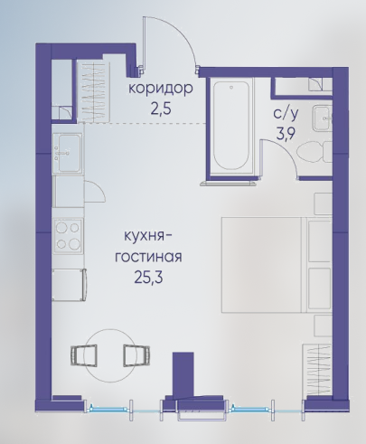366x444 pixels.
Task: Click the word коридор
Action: coord(161,89)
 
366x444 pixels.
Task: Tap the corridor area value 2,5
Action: coord(161,109)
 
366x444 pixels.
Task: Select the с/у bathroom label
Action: coord(286,114)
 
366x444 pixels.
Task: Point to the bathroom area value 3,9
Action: coord(286,134)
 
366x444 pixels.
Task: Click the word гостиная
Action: coord(148,258)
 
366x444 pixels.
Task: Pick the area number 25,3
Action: coord(148,278)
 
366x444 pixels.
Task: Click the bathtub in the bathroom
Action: coord(231,126)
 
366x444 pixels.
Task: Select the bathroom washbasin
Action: coord(323,118)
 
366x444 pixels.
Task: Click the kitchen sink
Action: coord(68,153)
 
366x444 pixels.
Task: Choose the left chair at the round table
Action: coord(84,355)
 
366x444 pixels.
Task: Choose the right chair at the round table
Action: coord(136,355)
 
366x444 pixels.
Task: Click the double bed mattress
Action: coord(262,264)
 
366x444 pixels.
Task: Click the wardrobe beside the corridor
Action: coord(92,91)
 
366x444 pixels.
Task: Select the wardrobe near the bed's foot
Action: coord(317,369)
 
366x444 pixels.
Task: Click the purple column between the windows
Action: coord(183,373)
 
